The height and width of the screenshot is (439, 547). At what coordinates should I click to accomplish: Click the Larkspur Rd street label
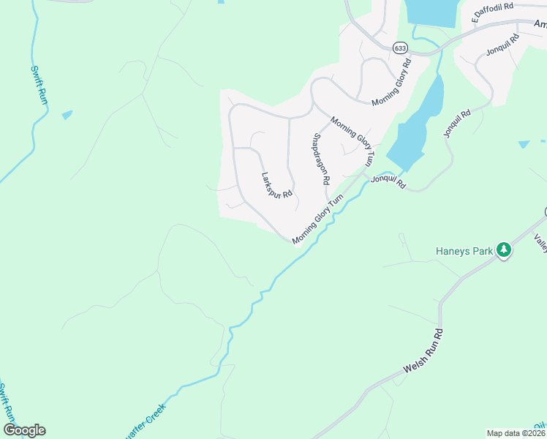pos(277,184)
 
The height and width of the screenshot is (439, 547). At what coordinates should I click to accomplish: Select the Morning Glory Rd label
pos(392,82)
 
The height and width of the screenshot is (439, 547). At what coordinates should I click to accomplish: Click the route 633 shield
pos(399,48)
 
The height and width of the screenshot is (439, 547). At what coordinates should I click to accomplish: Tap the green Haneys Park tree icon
pos(503,250)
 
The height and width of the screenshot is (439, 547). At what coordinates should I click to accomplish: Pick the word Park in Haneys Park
pos(483,251)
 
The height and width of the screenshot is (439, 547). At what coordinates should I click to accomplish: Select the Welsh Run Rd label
pos(426,360)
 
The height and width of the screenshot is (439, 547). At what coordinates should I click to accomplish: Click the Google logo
pos(25,430)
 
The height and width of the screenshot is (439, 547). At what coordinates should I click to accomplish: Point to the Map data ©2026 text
pos(516,433)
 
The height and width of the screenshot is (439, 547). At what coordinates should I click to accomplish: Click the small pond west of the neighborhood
pos(67,115)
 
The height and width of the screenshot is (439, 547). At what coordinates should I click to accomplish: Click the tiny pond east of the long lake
pos(523,145)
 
